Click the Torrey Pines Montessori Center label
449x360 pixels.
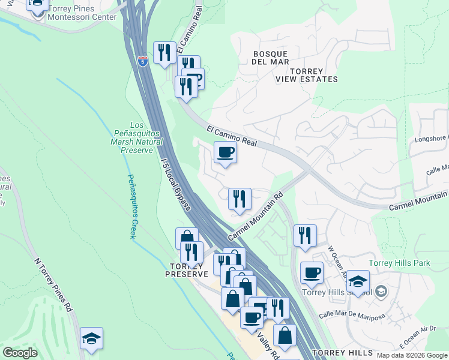point(83,13)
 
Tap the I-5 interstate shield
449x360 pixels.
point(142,61)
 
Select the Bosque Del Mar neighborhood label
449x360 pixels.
point(271,58)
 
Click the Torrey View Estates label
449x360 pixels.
point(306,74)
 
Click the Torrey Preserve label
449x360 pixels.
point(187,269)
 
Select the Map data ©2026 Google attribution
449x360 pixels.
point(412,355)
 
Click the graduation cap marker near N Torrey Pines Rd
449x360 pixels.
point(91,338)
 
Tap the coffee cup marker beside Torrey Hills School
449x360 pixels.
point(312,273)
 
